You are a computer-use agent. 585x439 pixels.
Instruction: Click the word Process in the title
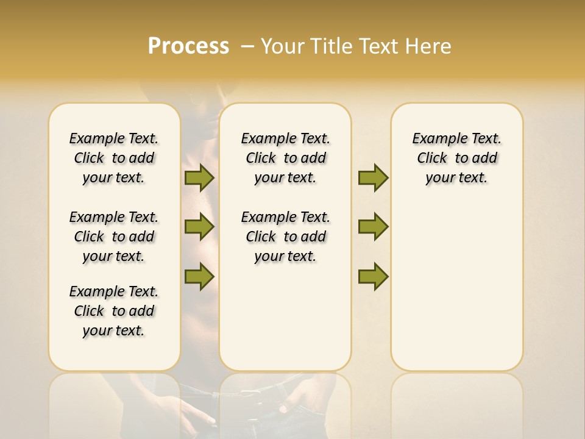point(188,46)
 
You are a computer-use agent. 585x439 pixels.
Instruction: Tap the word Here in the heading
point(427,46)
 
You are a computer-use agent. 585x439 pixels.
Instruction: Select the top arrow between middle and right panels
point(373,177)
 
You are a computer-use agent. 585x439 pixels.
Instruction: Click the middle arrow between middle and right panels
point(373,227)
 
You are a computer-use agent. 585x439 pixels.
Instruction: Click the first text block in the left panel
point(114,158)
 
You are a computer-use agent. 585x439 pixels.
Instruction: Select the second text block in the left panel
point(114,237)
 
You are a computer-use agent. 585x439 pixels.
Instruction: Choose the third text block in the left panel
point(114,311)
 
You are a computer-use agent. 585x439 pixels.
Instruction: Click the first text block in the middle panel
point(285,158)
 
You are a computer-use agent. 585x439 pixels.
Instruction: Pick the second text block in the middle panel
point(285,237)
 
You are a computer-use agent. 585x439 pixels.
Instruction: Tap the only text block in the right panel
point(456,158)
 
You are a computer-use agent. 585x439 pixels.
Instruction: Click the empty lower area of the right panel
point(456,293)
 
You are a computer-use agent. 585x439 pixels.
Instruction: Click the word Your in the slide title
point(282,46)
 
